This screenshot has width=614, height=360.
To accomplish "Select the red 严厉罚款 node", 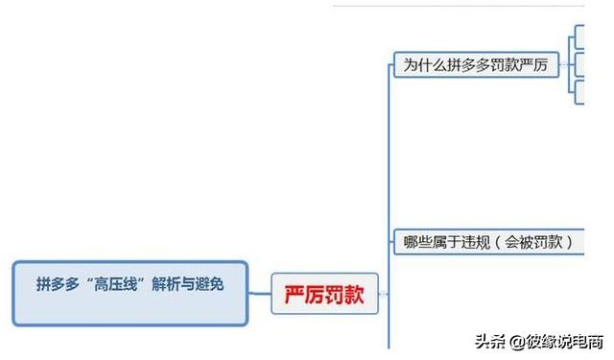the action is click(324, 294).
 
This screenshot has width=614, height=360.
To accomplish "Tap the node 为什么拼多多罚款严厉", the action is click(476, 64).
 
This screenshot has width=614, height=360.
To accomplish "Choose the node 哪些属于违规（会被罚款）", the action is click(488, 242).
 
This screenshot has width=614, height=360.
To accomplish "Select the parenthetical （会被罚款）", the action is click(537, 242).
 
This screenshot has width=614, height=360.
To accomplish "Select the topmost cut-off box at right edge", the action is click(579, 37).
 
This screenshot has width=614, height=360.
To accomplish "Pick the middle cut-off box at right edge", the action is click(579, 64).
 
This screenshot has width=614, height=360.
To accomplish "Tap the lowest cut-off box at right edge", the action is click(579, 91).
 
